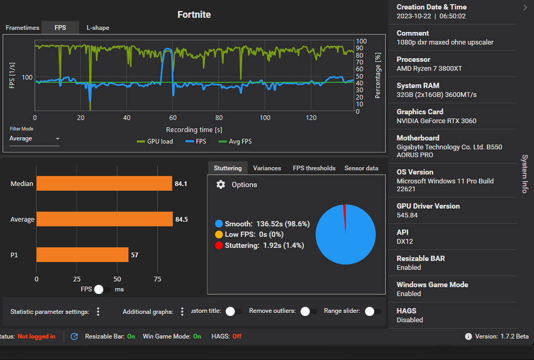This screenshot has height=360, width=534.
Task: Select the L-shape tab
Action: pos(98,27)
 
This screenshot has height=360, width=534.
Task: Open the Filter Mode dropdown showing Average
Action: pos(35,139)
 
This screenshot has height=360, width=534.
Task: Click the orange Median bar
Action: pos(104,183)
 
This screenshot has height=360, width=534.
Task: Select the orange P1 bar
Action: pos(82,255)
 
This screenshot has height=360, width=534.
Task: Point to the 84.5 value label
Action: pos(181,220)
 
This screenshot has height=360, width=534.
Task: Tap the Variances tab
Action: pos(267,168)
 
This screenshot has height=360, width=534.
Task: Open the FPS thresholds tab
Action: pos(314,168)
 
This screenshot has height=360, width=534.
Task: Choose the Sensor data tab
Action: pos(361,168)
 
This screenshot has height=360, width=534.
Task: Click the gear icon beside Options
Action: pos(221,184)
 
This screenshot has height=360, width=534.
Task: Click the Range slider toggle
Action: pos(372,311)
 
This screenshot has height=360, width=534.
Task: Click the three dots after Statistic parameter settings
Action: pos(98,312)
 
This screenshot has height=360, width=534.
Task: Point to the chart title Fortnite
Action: pos(194,15)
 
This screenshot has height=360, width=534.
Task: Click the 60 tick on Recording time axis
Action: pos(173,118)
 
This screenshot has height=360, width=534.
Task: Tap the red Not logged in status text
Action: pos(36,336)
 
